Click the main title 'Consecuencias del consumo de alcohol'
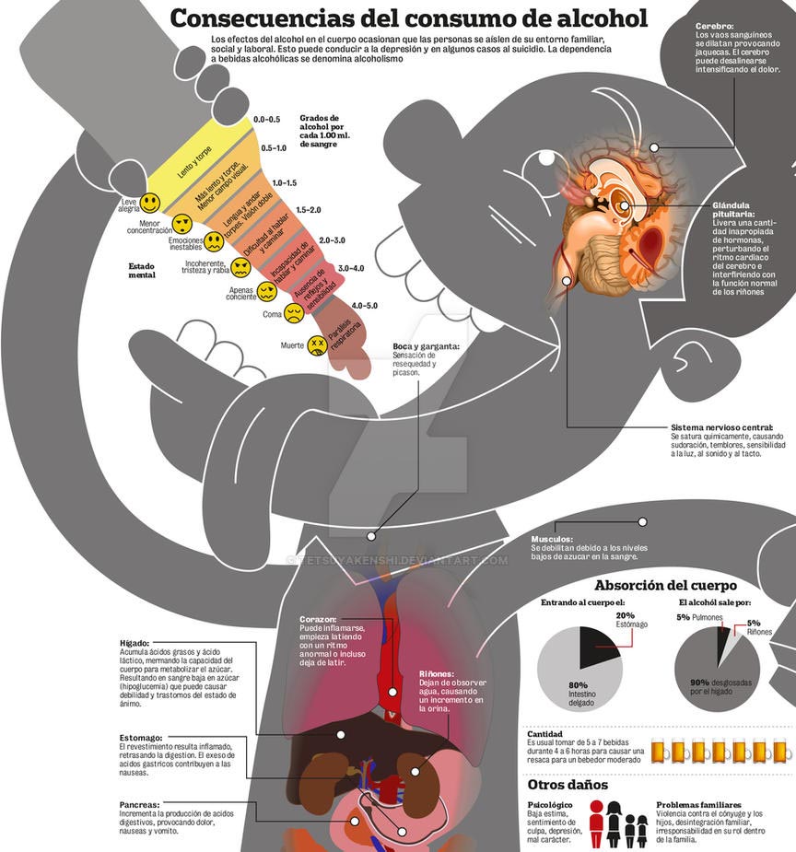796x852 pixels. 408,18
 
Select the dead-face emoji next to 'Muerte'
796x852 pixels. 318,345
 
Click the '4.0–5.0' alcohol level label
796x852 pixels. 358,305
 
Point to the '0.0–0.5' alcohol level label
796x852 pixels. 266,120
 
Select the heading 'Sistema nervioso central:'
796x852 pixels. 721,427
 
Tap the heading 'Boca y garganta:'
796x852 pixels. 425,346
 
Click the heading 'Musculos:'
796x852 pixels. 552,539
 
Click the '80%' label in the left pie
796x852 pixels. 578,685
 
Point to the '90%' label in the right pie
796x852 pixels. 700,683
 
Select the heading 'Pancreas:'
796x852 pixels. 139,804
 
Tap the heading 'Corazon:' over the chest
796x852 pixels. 318,619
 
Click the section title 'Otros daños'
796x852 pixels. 568,786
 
